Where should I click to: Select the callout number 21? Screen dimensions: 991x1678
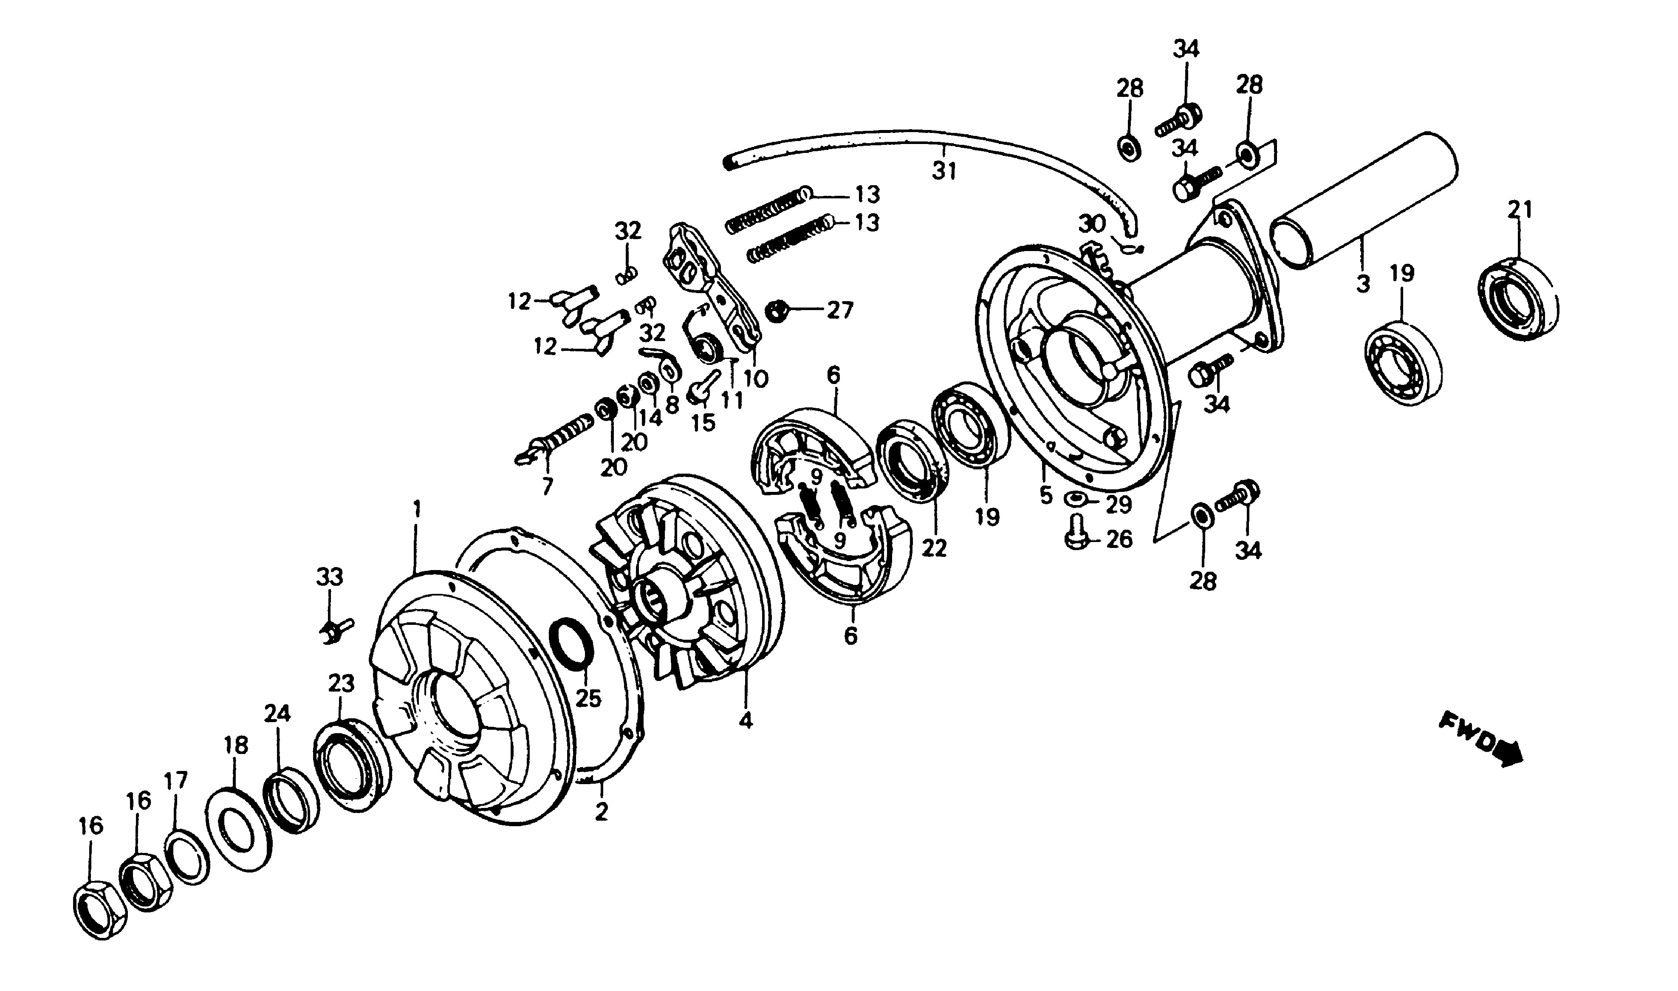1519,210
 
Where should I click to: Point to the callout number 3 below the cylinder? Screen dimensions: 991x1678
1362,283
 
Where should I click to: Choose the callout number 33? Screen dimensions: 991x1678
329,577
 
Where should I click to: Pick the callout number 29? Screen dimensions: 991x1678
1119,504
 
